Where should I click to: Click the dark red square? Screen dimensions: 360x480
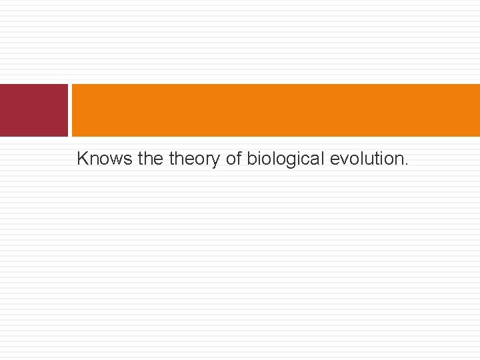pos(33,110)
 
